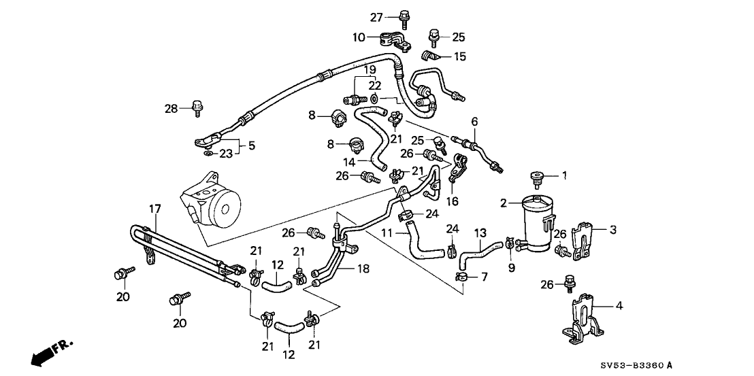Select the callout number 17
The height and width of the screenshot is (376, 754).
pos(154,209)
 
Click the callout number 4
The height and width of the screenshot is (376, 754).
pos(619,306)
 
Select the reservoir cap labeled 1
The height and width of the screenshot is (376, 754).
pos(537,178)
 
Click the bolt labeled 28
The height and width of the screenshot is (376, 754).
pos(198,107)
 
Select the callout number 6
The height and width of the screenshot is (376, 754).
pos(474,122)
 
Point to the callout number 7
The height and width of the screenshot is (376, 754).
pos(485,277)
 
